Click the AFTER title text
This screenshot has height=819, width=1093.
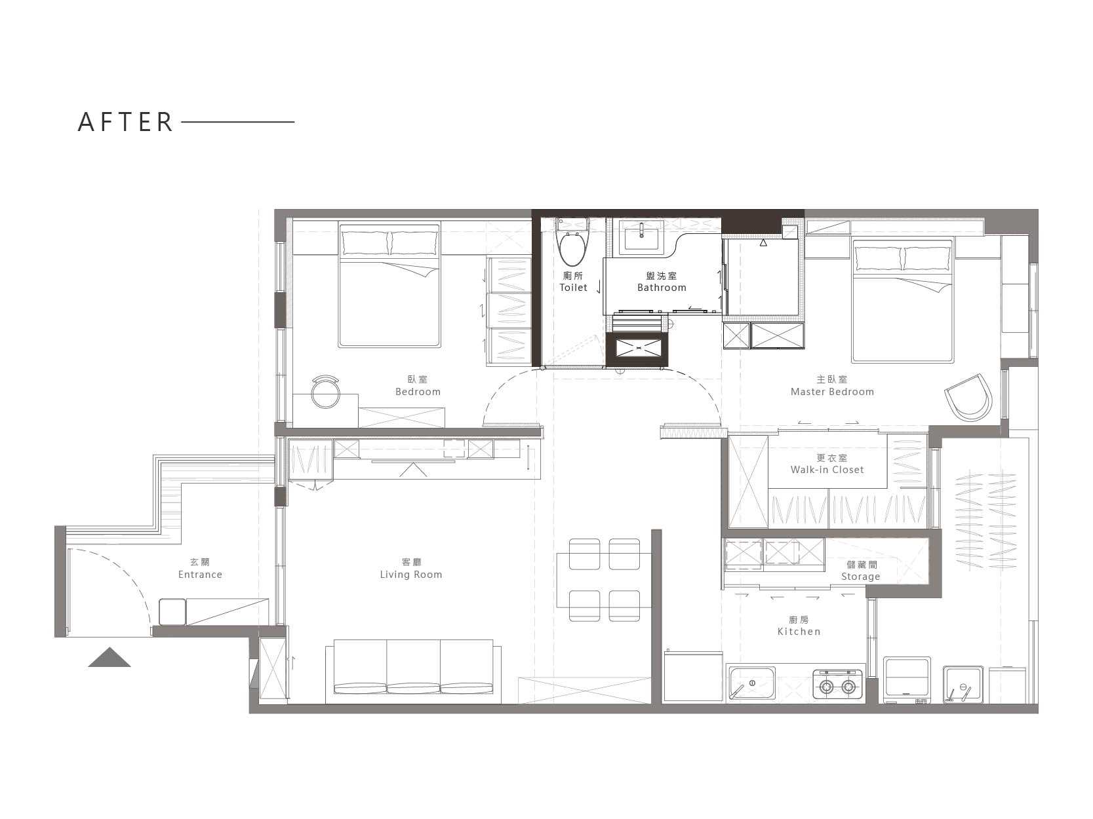125,122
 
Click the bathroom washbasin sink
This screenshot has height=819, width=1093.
641,235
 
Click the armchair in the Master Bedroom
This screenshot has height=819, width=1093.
968,398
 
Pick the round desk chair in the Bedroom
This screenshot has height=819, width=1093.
325,392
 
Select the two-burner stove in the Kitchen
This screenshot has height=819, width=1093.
837,683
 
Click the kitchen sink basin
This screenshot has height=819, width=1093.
752,683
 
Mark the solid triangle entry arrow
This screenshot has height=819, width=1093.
109,657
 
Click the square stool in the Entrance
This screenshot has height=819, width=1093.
172,612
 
